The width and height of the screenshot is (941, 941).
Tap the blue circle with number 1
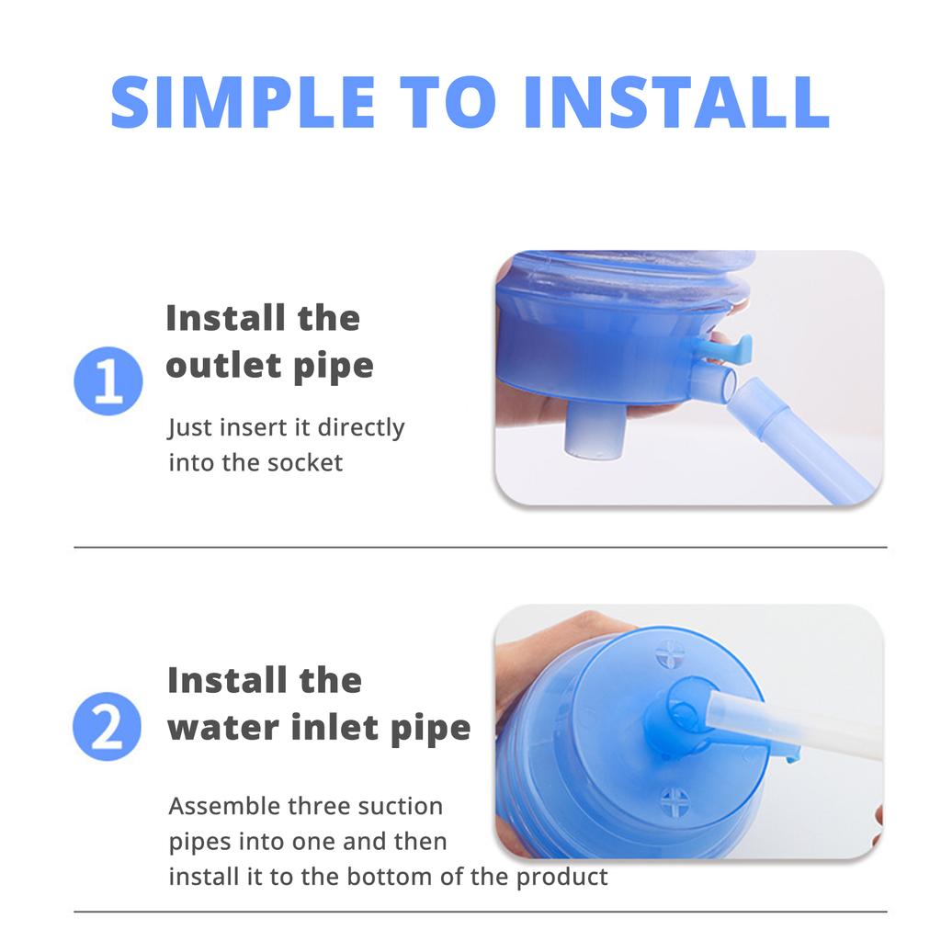(108, 380)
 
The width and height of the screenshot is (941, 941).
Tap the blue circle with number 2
(108, 726)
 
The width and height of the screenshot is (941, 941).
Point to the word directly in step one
(360, 427)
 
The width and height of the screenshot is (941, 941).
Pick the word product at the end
(561, 876)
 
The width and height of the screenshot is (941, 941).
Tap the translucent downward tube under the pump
(593, 432)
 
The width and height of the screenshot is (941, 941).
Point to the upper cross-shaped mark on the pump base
(669, 654)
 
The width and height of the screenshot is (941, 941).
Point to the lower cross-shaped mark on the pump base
(674, 801)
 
